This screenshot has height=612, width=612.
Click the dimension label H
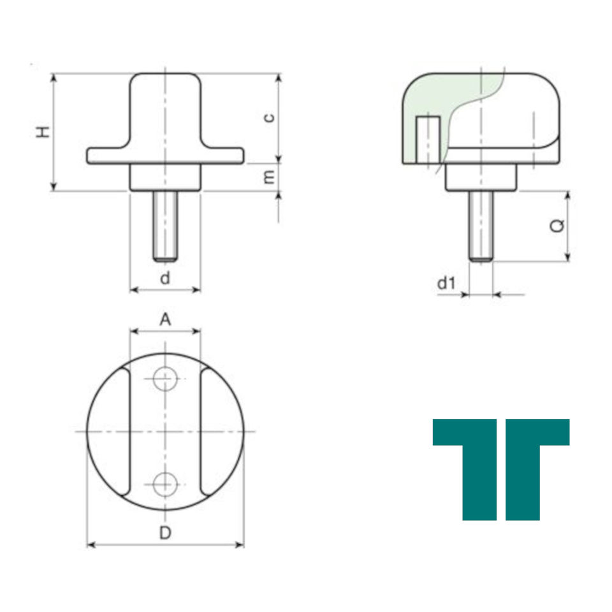pos(43,132)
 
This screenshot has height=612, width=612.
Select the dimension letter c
pos(269,117)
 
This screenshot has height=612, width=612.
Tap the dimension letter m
pos(269,178)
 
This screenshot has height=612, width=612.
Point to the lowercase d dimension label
pos(165,278)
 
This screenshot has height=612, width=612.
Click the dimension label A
pos(165,319)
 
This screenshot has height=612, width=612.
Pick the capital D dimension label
pos(165,533)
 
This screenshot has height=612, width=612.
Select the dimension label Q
pos(557,226)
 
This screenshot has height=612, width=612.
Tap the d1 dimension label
pos(446,283)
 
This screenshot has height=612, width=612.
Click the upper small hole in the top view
pos(165,378)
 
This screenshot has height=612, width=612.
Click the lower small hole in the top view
pos(165,484)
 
